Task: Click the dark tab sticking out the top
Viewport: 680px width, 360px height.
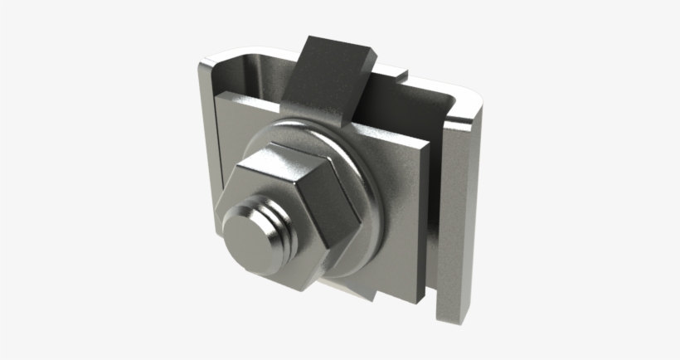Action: coord(328,83)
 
